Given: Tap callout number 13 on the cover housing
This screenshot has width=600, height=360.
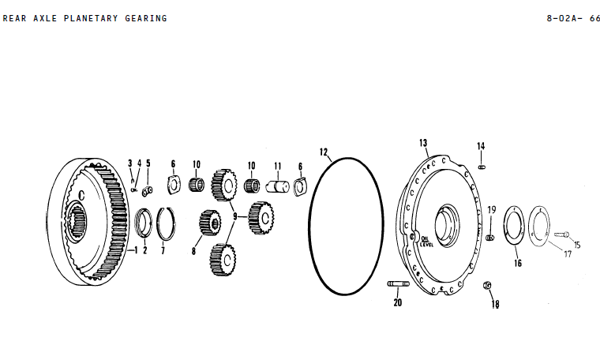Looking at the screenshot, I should point(423,143).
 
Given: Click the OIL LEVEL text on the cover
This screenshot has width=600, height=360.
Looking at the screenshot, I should point(426,240).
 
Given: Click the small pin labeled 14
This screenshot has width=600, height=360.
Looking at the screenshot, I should point(482,165).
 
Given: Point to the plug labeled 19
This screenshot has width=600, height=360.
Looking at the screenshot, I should point(489,237).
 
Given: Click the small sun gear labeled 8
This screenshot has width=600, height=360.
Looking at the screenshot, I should point(209,221).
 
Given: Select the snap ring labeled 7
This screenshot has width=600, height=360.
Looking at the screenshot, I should point(167,223).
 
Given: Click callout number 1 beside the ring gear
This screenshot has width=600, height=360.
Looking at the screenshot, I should point(133,250).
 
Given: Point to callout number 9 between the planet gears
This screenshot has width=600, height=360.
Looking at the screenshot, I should point(234,215).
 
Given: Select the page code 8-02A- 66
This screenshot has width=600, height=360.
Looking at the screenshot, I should point(573,18).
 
